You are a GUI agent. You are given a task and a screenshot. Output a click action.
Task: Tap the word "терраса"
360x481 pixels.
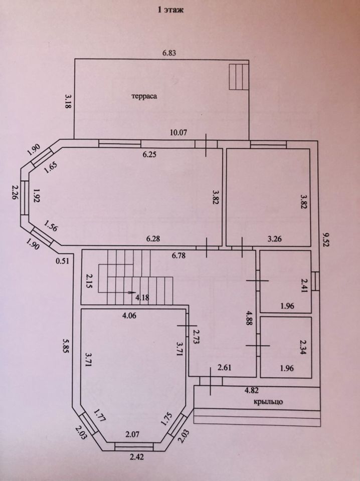(x=145, y=98)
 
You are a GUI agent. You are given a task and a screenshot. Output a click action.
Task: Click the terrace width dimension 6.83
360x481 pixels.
(x=169, y=52)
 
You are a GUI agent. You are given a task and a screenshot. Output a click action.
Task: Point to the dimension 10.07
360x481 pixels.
(x=178, y=132)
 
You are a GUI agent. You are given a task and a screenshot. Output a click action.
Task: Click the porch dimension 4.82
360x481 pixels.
(x=252, y=389)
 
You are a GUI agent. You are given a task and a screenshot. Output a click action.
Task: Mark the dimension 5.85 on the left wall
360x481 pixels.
(x=65, y=344)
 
